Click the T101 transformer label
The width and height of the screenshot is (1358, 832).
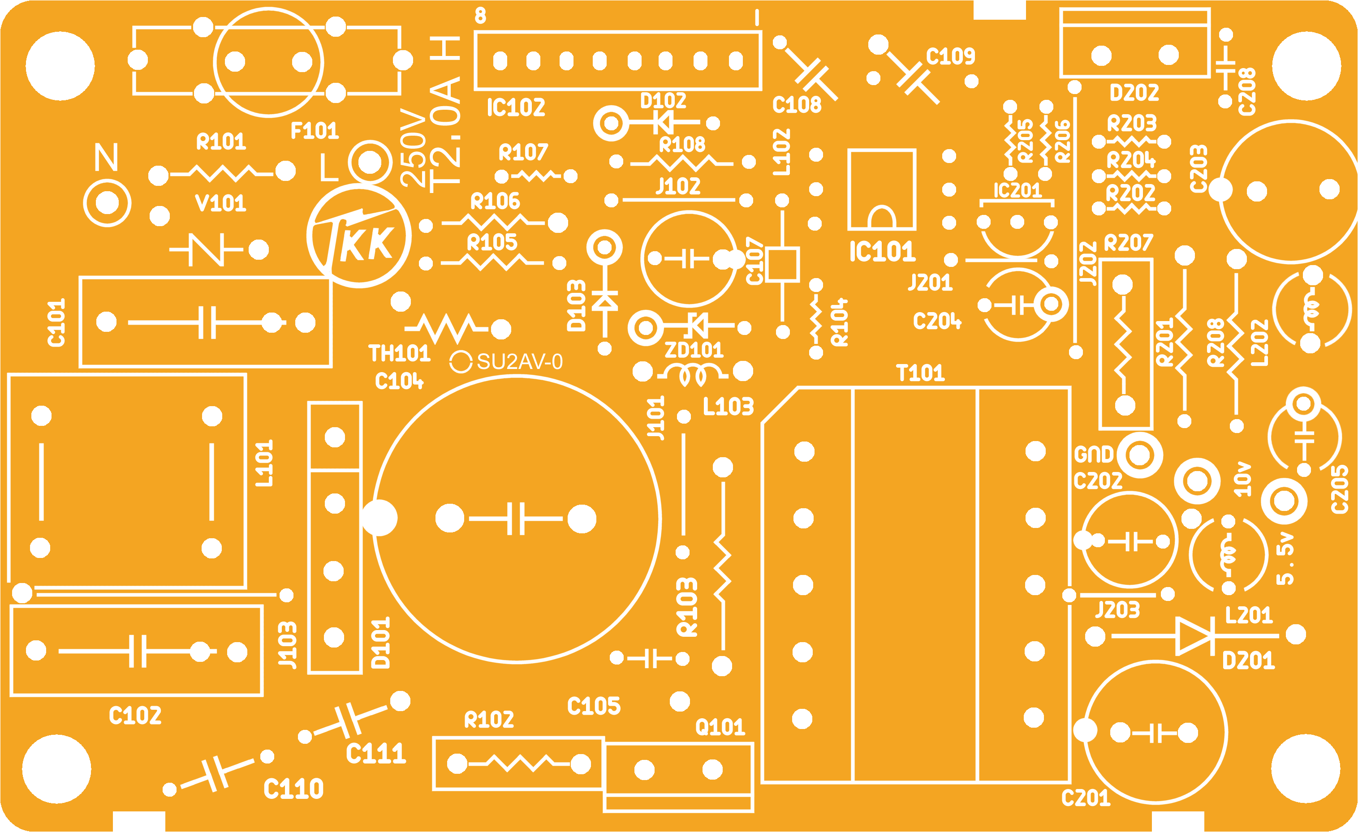pyautogui.click(x=920, y=373)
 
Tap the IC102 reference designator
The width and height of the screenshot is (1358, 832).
pyautogui.click(x=516, y=107)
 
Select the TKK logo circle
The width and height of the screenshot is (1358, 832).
pyautogui.click(x=359, y=236)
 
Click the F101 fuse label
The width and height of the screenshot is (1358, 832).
pyautogui.click(x=314, y=131)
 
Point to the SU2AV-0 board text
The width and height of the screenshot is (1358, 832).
pyautogui.click(x=520, y=362)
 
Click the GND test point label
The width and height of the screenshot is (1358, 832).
pyautogui.click(x=1094, y=455)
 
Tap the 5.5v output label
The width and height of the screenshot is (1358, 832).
pyautogui.click(x=1286, y=559)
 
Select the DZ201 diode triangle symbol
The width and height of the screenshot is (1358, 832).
pyautogui.click(x=1195, y=636)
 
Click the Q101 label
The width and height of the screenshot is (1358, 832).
pyautogui.click(x=720, y=727)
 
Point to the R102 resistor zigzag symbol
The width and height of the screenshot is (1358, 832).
pyautogui.click(x=519, y=763)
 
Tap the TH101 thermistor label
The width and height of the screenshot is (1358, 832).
pyautogui.click(x=399, y=353)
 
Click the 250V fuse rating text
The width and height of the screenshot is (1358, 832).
pyautogui.click(x=414, y=148)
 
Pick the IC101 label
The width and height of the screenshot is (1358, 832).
pyautogui.click(x=882, y=251)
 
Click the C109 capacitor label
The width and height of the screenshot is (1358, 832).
pyautogui.click(x=951, y=56)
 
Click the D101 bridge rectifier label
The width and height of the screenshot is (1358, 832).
pyautogui.click(x=381, y=643)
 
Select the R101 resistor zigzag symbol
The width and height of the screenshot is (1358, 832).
pyautogui.click(x=222, y=173)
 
